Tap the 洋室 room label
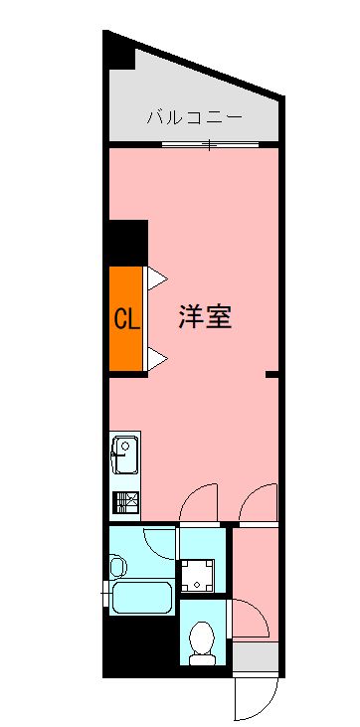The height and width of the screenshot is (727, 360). point(206,317)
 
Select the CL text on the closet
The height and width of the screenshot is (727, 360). point(125,319)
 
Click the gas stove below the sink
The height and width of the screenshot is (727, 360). point(124,502)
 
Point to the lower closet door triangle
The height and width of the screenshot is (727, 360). point(156,356)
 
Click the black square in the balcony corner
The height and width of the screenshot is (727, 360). point(120,55)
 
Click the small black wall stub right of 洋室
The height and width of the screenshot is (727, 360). point(270,374)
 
